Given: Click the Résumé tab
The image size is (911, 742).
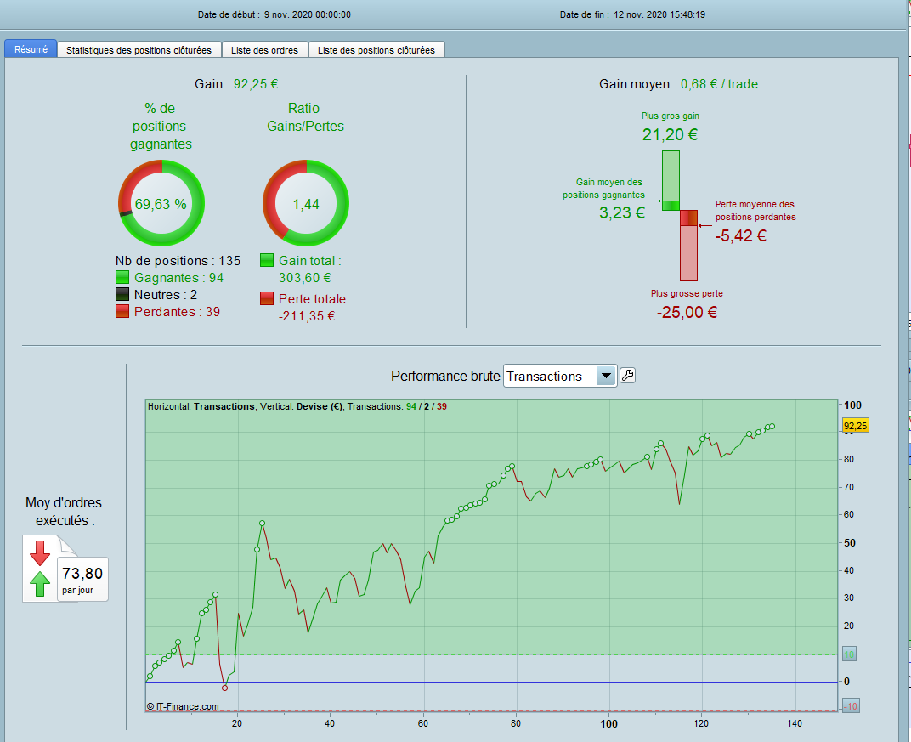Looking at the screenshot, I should pyautogui.click(x=31, y=50).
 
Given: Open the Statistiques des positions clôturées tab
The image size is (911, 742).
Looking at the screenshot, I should pyautogui.click(x=139, y=50).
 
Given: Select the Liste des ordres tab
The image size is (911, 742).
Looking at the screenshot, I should pyautogui.click(x=264, y=50).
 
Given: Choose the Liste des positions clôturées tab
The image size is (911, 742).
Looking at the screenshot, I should pyautogui.click(x=376, y=50).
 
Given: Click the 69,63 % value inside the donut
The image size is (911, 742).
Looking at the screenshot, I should pyautogui.click(x=161, y=204).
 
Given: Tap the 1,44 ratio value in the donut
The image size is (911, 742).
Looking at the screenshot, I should pyautogui.click(x=305, y=204).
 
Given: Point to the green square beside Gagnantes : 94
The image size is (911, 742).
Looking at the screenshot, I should pyautogui.click(x=122, y=277).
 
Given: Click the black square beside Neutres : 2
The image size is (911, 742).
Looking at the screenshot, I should pyautogui.click(x=122, y=295).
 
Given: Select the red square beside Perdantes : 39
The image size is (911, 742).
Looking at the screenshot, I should pyautogui.click(x=122, y=312).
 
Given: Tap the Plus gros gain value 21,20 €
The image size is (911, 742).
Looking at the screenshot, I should pyautogui.click(x=671, y=134).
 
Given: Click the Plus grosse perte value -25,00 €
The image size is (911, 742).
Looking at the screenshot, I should pyautogui.click(x=687, y=312).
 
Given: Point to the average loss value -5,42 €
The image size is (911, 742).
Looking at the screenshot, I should pyautogui.click(x=741, y=236).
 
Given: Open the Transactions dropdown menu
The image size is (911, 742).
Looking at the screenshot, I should pyautogui.click(x=606, y=376).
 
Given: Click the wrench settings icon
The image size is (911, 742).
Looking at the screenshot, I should pyautogui.click(x=628, y=376).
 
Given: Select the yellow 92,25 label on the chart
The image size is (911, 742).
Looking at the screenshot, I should pyautogui.click(x=854, y=425).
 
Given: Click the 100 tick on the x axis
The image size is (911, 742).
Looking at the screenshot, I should pyautogui.click(x=608, y=724).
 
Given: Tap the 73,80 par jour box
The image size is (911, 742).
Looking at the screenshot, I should pyautogui.click(x=82, y=579).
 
